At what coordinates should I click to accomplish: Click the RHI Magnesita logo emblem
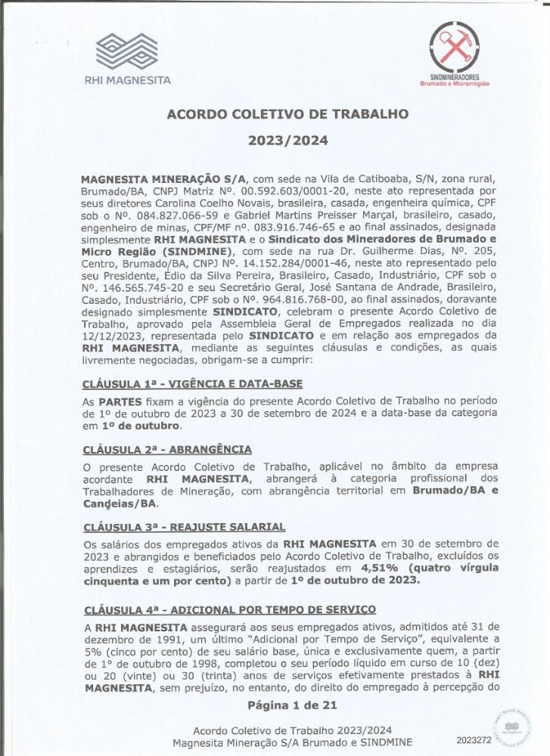coord(127,52)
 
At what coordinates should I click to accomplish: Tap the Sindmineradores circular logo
coord(454,48)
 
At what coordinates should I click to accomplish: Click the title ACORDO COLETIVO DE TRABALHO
coord(287,114)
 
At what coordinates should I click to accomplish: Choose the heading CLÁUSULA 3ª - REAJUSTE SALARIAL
coord(184,526)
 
